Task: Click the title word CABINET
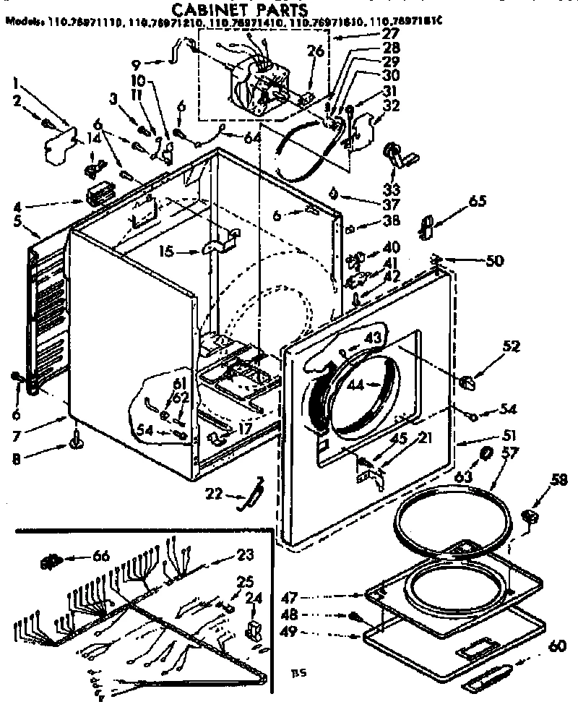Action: coord(204,9)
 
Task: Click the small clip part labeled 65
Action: coord(426,226)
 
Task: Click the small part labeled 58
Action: coord(530,515)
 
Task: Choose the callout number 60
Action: coord(557,646)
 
